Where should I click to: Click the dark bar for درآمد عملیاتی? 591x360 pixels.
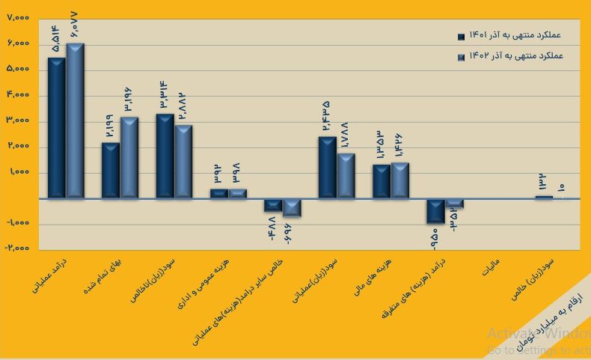click(x=57, y=127)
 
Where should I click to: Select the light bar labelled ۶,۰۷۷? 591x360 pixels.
click(x=75, y=120)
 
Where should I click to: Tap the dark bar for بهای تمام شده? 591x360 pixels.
click(x=111, y=170)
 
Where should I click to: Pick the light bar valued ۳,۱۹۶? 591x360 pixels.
click(x=129, y=157)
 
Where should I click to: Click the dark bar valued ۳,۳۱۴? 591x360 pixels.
click(x=165, y=156)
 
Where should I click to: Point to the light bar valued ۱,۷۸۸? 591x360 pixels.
click(x=346, y=175)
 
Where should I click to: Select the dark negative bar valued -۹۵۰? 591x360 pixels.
click(x=436, y=211)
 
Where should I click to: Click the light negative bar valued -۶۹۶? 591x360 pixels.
click(x=292, y=207)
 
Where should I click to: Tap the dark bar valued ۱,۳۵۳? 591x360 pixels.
click(x=382, y=181)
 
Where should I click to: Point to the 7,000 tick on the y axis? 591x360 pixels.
click(x=19, y=17)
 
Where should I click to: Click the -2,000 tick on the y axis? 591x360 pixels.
click(x=16, y=248)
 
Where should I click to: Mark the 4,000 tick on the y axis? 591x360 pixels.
click(x=19, y=95)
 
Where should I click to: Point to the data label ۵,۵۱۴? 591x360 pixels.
click(x=57, y=39)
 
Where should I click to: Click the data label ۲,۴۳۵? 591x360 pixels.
click(x=327, y=118)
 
